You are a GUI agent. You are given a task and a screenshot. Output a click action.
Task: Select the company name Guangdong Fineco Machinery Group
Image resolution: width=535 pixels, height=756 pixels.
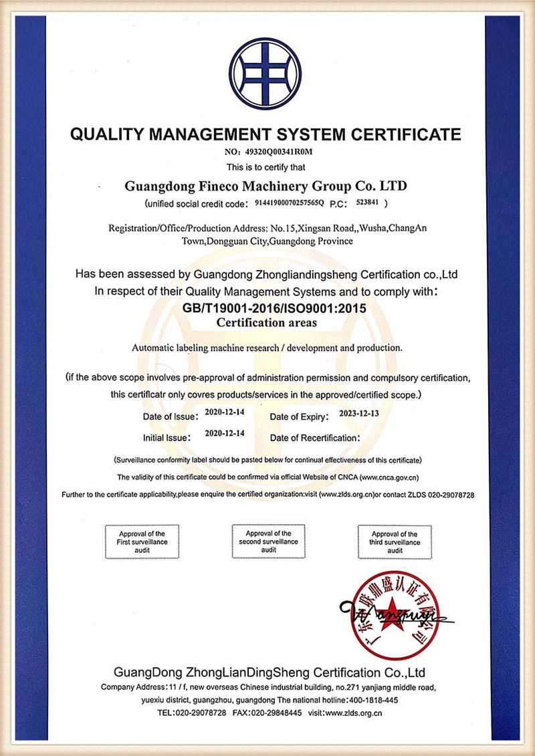(x=265, y=184)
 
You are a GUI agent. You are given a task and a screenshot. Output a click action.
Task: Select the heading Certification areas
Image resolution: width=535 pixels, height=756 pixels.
(x=265, y=322)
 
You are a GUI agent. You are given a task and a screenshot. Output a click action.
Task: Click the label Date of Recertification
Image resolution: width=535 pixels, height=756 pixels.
(x=315, y=438)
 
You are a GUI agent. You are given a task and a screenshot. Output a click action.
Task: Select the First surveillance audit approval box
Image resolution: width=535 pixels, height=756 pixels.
(x=142, y=542)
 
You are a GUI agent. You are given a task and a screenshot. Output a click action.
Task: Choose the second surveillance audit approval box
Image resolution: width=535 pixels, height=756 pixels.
(x=268, y=541)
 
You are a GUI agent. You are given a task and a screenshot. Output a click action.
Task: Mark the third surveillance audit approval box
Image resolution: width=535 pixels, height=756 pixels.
(x=395, y=542)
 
